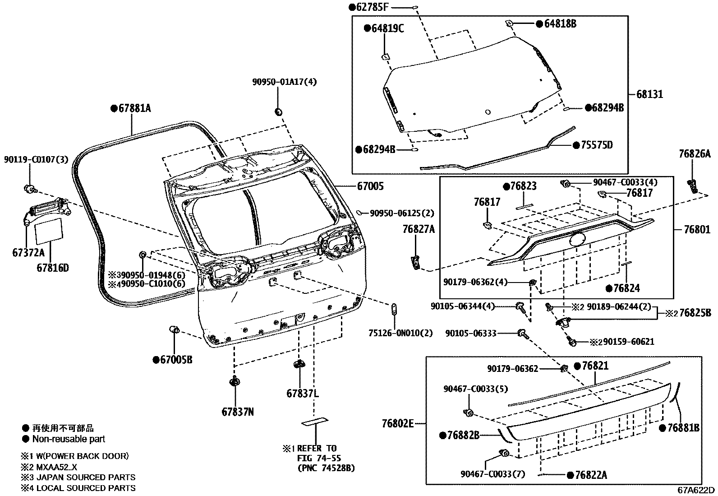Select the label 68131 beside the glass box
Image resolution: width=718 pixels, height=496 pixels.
[650, 95]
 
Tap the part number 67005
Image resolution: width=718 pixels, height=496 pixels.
[370, 186]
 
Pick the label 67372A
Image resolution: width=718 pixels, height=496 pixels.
[28, 253]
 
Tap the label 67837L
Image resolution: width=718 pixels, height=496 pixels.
[303, 394]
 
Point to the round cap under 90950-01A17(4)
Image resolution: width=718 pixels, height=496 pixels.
[278, 111]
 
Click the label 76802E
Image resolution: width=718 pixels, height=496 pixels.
[397, 424]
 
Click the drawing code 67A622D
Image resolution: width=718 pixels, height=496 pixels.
[695, 490]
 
